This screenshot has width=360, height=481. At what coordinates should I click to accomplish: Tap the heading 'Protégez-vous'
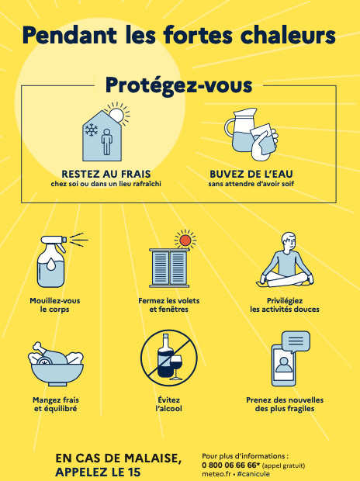point(179,85)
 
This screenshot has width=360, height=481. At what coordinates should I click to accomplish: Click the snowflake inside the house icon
point(92,130)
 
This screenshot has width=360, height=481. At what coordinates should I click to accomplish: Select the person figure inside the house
point(106,141)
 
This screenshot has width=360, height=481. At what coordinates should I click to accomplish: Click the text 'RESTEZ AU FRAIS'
point(106,174)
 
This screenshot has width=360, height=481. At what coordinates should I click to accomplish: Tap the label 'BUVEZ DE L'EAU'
point(251,174)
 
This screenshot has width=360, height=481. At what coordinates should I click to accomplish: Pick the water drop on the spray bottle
point(50,264)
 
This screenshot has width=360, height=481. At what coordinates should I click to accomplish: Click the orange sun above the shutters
point(185,240)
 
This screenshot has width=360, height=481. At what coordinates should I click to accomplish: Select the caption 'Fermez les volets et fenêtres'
point(169,305)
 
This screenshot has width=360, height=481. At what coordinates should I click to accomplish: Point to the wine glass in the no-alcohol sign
point(176,367)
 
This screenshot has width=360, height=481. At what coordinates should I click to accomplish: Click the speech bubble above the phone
point(296,341)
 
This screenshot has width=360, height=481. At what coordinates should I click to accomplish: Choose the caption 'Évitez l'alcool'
point(169,404)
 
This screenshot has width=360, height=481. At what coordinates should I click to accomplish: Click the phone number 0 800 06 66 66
point(229,465)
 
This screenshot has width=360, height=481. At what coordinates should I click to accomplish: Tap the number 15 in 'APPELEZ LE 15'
point(133,472)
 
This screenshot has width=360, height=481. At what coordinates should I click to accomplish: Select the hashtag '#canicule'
point(254,474)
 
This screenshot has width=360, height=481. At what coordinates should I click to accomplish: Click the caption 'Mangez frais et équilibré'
point(56,404)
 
